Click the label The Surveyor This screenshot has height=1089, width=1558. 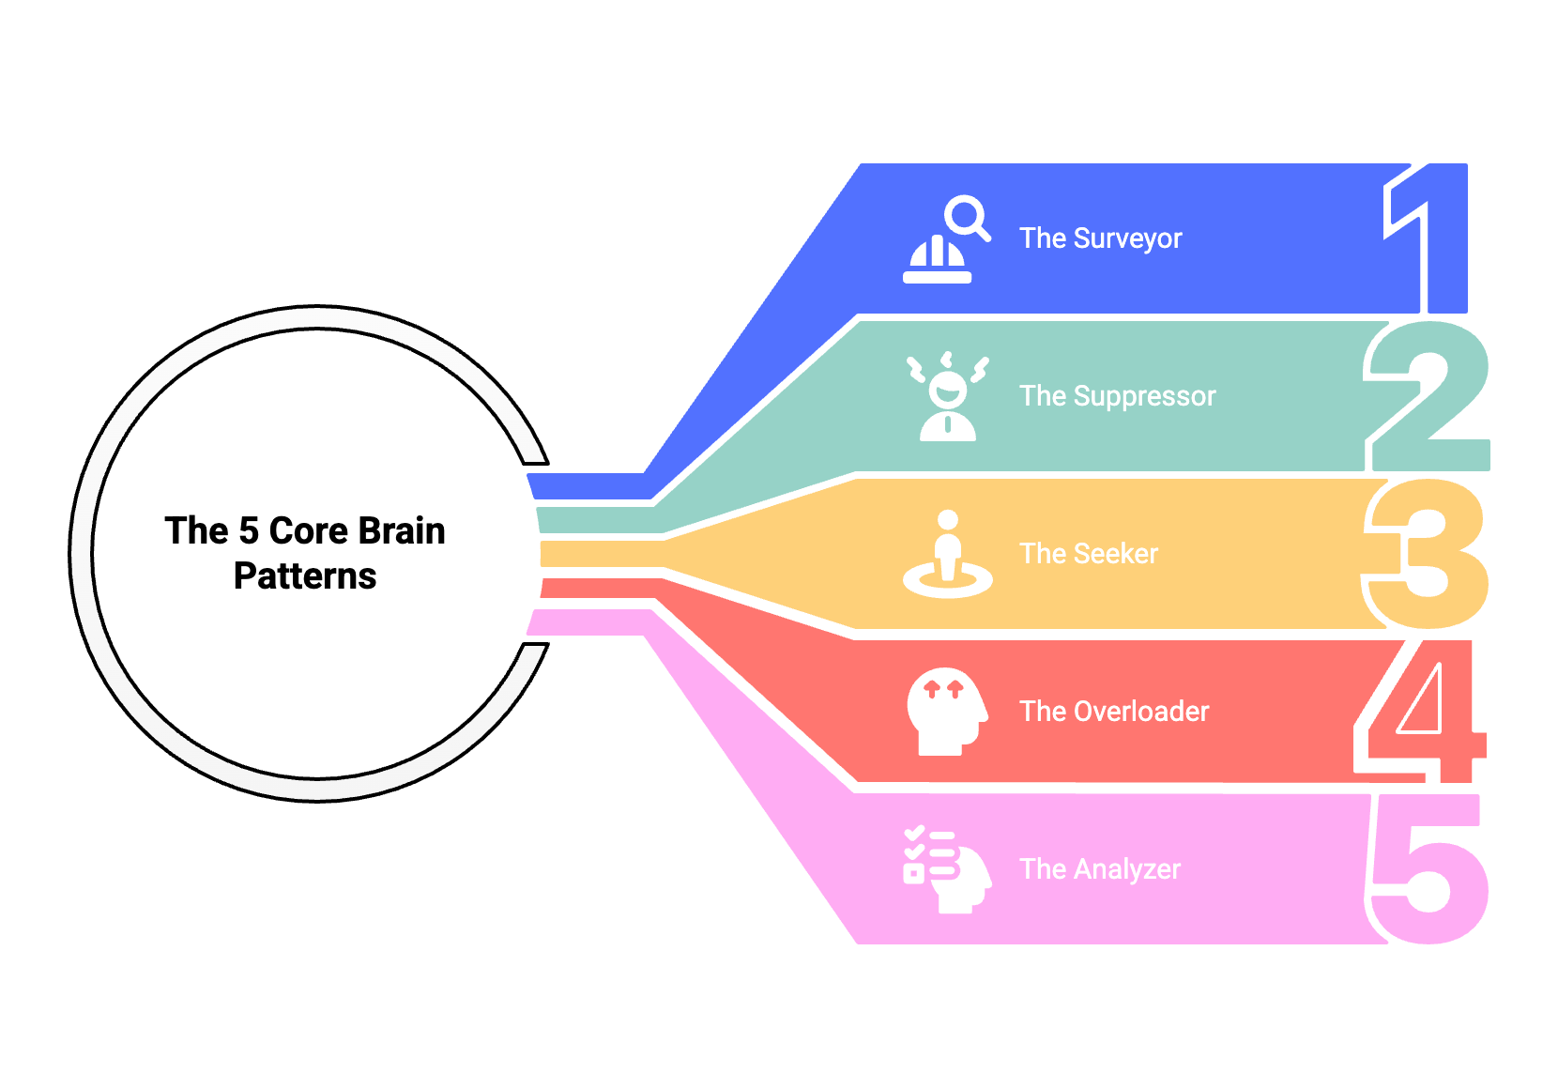point(1100,238)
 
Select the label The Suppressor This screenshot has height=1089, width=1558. point(1118,396)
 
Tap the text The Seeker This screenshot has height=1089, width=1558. point(1089,554)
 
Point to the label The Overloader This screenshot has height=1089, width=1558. point(1114,712)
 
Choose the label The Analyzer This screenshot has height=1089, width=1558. point(1100,870)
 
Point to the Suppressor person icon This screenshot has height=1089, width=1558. point(947,396)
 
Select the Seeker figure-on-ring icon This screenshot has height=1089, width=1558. point(947,554)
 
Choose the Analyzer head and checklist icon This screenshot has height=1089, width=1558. point(947,870)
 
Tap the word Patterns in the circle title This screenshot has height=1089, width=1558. point(305,576)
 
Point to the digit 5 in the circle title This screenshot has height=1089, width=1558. point(249,531)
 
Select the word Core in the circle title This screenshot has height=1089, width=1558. point(308,531)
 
